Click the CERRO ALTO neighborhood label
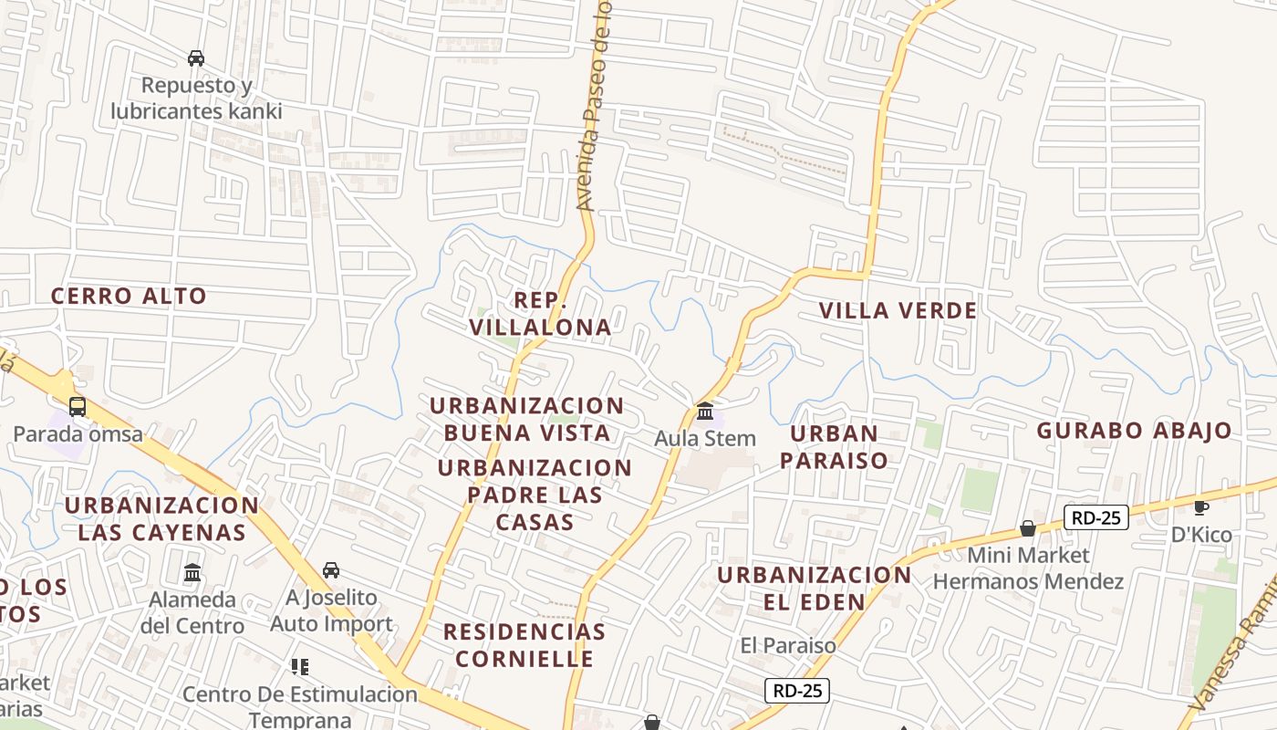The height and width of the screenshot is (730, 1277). click(x=129, y=296)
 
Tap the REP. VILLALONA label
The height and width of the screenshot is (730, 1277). click(x=540, y=313)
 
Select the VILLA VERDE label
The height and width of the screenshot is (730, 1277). click(x=898, y=310)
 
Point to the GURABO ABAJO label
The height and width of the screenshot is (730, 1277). click(x=1134, y=431)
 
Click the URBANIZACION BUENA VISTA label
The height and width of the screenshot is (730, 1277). click(x=527, y=419)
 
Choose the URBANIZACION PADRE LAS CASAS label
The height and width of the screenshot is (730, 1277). click(x=535, y=495)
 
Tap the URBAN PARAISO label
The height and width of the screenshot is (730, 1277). click(x=834, y=446)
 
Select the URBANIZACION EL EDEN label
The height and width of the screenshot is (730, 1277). click(x=814, y=588)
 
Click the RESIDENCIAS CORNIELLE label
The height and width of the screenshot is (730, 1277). click(x=524, y=644)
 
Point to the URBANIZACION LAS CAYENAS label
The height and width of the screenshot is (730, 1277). click(x=161, y=518)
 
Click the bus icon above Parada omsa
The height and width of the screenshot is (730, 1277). click(x=78, y=407)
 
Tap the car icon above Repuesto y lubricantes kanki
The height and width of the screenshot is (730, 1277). click(x=196, y=58)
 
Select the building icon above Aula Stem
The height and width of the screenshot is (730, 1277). click(x=705, y=412)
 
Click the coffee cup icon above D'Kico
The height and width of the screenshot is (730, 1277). click(x=1200, y=507)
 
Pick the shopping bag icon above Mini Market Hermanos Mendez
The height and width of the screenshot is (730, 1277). click(x=1028, y=528)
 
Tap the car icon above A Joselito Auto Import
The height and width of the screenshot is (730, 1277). click(x=331, y=570)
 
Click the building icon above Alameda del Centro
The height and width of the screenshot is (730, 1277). click(x=192, y=573)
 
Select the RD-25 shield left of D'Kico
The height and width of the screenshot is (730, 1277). click(x=1096, y=518)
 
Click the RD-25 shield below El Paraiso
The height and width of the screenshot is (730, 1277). click(x=797, y=691)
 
